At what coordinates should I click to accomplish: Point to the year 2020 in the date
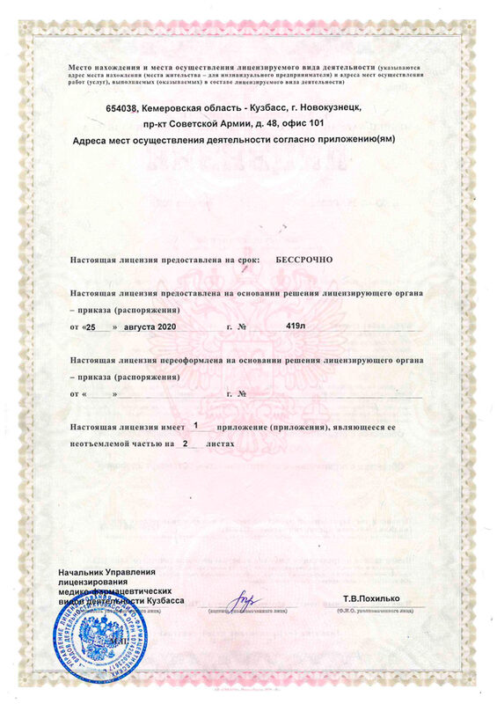164,326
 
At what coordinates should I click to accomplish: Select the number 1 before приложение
194,425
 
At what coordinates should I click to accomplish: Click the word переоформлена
179,360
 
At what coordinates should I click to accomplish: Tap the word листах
219,444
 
